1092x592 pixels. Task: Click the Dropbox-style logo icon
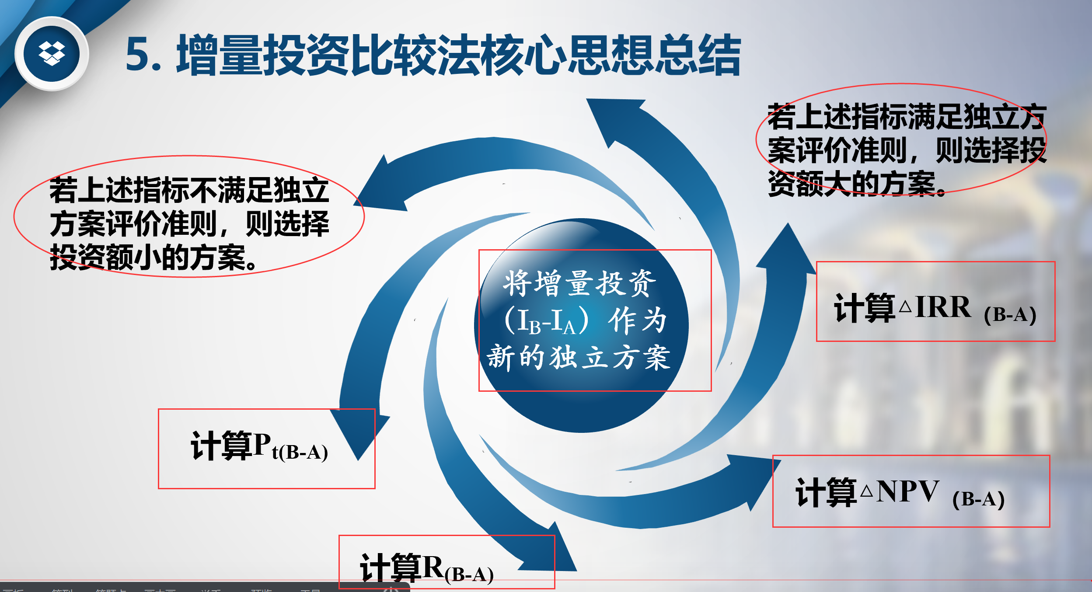pyautogui.click(x=52, y=54)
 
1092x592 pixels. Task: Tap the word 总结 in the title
pyautogui.click(x=697, y=55)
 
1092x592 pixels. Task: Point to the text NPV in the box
pyautogui.click(x=907, y=491)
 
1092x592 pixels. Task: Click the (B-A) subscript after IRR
pyautogui.click(x=1010, y=315)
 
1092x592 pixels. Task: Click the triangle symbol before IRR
pyautogui.click(x=905, y=307)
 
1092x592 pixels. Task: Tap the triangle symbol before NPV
pyautogui.click(x=866, y=492)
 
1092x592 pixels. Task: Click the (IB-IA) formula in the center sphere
pyautogui.click(x=547, y=321)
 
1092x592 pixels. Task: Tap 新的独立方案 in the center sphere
pyautogui.click(x=578, y=357)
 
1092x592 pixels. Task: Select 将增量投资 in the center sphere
pyautogui.click(x=579, y=283)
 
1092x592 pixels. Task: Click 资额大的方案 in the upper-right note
pyautogui.click(x=855, y=184)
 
